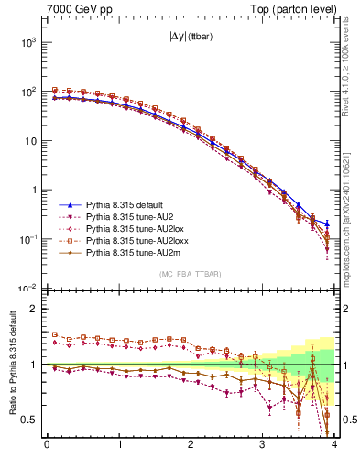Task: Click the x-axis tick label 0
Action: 47,446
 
